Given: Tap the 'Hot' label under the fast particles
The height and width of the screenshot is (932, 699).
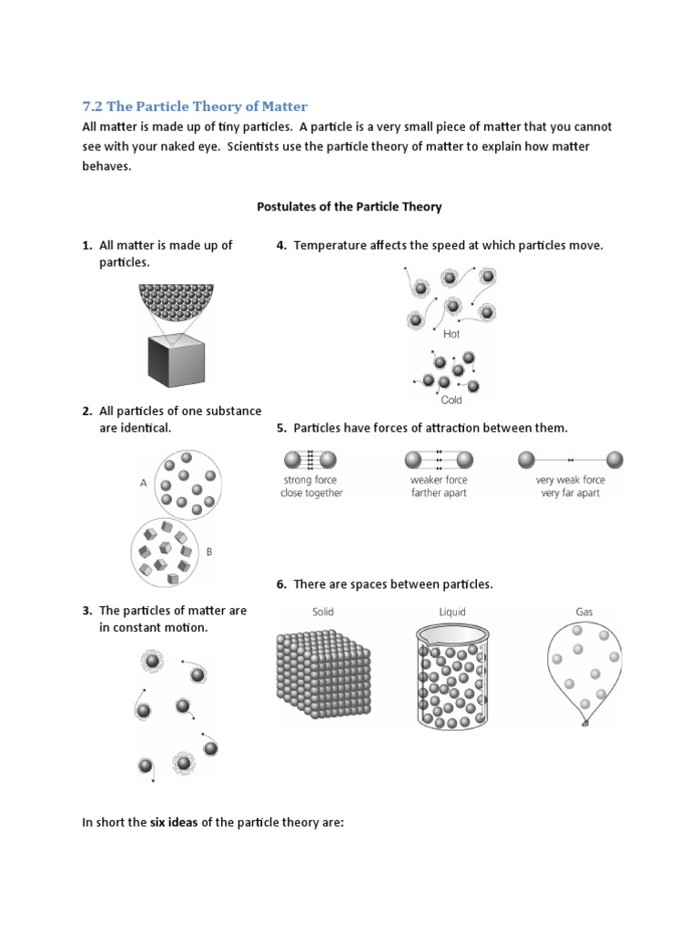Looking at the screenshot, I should [451, 334].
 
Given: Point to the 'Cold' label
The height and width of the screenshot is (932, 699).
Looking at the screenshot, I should [451, 400].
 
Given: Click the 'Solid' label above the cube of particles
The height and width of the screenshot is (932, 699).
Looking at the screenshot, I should [323, 613].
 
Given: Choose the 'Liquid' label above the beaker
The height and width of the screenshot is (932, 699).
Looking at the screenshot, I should [452, 613].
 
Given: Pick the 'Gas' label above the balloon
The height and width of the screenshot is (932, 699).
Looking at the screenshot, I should [583, 613].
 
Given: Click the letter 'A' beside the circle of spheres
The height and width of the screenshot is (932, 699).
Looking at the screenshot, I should [144, 484].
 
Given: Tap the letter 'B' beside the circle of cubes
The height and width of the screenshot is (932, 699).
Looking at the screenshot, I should [208, 552].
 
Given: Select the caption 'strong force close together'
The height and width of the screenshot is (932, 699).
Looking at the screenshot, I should [311, 486].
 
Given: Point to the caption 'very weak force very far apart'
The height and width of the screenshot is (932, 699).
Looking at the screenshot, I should [570, 486].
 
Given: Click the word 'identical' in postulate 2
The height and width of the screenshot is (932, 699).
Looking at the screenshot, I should [144, 428].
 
